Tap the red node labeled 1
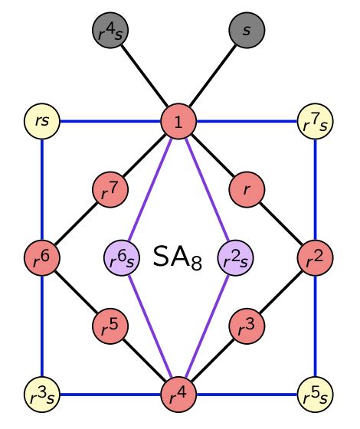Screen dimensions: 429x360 click(178, 120)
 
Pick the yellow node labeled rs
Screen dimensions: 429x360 click(41, 120)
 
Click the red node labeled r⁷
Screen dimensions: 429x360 click(110, 189)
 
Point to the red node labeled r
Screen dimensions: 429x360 click(247, 189)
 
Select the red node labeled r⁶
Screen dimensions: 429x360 click(41, 257)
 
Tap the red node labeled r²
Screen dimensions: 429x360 click(315, 257)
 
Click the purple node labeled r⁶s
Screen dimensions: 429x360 click(122, 257)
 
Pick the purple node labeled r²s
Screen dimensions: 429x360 click(234, 257)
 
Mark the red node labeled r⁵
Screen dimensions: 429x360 click(110, 326)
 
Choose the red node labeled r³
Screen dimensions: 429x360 click(247, 326)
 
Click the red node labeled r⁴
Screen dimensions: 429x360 click(178, 395)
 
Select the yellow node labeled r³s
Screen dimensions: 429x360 click(41, 395)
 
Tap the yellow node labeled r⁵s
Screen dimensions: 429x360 click(315, 395)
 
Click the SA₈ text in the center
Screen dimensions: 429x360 click(178, 257)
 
